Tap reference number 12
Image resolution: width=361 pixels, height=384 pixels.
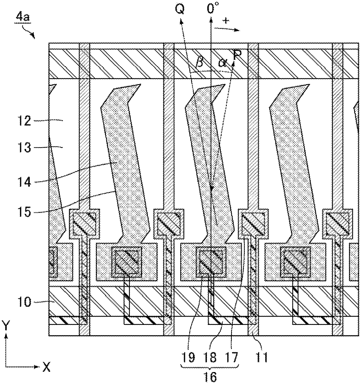click(x=23, y=120)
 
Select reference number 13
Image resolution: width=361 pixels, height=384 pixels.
click(x=23, y=148)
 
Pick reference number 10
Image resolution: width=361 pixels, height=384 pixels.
click(x=23, y=302)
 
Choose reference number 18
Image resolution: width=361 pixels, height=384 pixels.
click(x=210, y=357)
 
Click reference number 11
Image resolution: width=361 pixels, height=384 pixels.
click(x=261, y=357)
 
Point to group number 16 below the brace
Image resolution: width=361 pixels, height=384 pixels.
click(x=210, y=377)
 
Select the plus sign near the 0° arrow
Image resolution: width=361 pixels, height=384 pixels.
click(x=226, y=20)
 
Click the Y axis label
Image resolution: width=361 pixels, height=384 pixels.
click(x=5, y=324)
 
